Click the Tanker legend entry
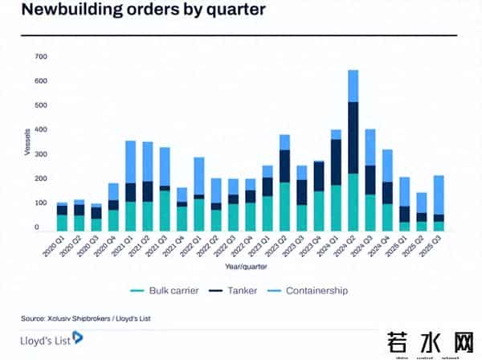click(x=238, y=290)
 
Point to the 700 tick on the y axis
click(x=41, y=56)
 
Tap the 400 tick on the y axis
click(x=41, y=129)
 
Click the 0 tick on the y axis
click(x=46, y=227)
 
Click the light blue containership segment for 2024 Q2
click(x=353, y=86)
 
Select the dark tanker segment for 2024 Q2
click(x=353, y=137)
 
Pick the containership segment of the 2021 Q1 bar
click(x=130, y=162)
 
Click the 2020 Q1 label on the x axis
click(x=55, y=243)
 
